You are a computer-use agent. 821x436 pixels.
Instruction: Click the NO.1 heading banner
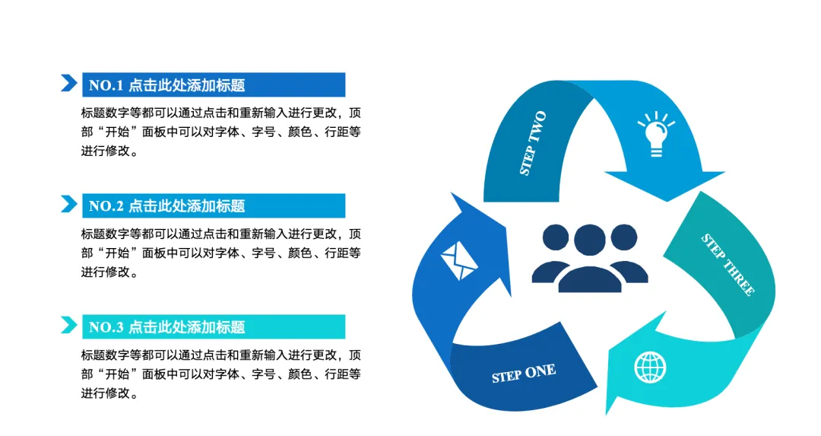click(213, 85)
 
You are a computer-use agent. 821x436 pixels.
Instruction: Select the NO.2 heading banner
click(213, 206)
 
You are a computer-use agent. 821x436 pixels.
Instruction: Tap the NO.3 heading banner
click(213, 327)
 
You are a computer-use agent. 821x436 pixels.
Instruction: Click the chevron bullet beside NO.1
click(69, 83)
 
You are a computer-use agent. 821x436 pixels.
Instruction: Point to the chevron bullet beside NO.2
click(69, 204)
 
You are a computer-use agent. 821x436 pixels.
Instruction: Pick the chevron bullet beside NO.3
click(69, 325)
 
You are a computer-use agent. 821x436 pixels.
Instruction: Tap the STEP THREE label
click(727, 265)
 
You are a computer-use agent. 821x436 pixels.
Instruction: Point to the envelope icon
click(459, 261)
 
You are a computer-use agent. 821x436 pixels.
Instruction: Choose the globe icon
click(650, 368)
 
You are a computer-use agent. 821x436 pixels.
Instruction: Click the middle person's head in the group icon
click(589, 239)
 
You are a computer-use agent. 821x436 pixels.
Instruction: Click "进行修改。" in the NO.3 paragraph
click(109, 393)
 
